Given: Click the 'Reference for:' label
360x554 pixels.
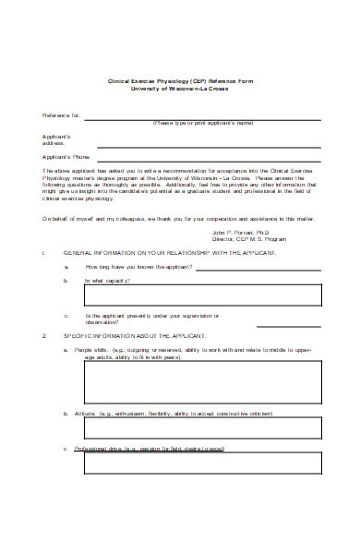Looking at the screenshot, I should pyautogui.click(x=63, y=115).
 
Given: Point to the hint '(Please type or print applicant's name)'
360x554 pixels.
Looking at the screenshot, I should pyautogui.click(x=203, y=123).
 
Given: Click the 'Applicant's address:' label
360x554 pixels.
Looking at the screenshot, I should pyautogui.click(x=57, y=139).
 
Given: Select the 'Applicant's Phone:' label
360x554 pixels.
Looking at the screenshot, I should pyautogui.click(x=66, y=158).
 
